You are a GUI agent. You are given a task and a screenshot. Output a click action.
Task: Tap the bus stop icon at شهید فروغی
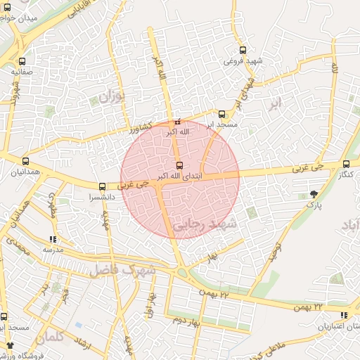pos(243,51)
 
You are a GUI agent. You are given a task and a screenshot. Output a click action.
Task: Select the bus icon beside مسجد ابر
pos(221,114)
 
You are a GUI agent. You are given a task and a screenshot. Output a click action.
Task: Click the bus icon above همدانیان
pos(26,161)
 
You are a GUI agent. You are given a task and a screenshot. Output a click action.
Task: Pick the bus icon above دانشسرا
pos(103,187)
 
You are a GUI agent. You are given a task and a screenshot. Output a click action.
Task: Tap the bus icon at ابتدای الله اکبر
pos(179,165)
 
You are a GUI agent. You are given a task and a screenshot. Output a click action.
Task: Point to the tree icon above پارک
pos(313,193)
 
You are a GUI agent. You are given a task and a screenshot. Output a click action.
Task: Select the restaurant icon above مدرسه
pos(53,239)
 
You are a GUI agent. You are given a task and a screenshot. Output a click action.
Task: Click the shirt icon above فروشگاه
pos(10,345)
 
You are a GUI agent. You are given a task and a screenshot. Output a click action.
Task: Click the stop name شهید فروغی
pos(243,61)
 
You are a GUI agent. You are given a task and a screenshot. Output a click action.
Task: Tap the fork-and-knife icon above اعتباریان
pos(343,315)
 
